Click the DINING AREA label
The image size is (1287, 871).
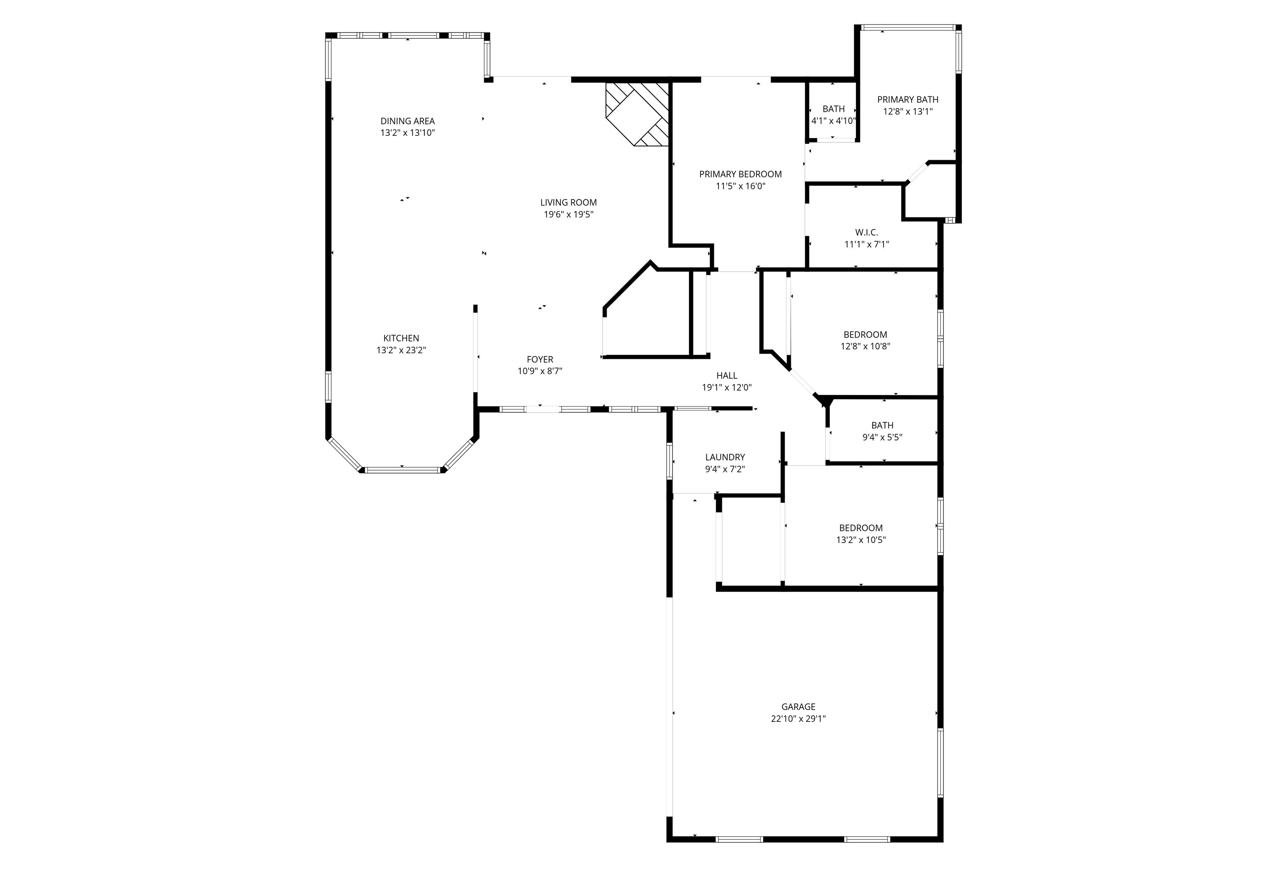coord(407,121)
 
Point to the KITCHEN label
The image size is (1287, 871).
coord(401,338)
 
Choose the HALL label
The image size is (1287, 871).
coord(726,375)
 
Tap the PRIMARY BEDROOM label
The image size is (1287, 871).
coord(740,174)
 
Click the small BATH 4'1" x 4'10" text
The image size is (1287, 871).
coord(833,120)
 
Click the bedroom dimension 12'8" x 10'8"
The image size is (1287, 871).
coord(865,346)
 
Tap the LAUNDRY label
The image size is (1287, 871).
coord(724,457)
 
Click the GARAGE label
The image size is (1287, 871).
coord(798,706)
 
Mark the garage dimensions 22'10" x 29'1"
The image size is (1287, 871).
coord(798,719)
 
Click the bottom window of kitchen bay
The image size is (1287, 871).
coord(403,470)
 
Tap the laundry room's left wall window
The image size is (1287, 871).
coord(669,461)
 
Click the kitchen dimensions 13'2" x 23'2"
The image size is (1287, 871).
coord(401,350)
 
